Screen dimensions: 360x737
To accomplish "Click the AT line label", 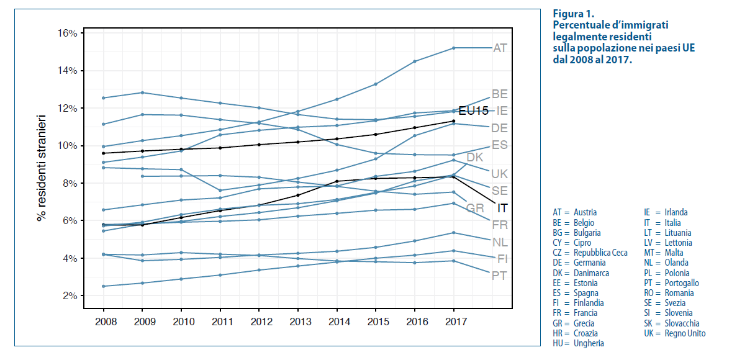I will (x=500, y=48).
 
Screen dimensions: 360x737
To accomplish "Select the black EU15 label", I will (x=473, y=110).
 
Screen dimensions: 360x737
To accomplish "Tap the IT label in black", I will (x=504, y=208).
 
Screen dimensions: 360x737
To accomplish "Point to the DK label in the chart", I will (x=475, y=158).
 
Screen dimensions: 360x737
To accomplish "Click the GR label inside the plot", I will (x=475, y=207).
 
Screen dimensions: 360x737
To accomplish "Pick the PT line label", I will (x=499, y=276).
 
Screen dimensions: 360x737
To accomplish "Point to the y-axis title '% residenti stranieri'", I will (x=42, y=168).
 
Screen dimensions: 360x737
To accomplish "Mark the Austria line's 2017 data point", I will (x=454, y=48).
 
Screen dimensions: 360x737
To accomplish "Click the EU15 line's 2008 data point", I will (x=103, y=153).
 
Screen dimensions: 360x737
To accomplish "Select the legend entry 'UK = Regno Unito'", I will (x=676, y=333).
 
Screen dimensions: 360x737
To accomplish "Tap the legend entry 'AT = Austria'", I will (x=574, y=212).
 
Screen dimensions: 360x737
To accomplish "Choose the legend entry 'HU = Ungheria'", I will (x=578, y=343).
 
